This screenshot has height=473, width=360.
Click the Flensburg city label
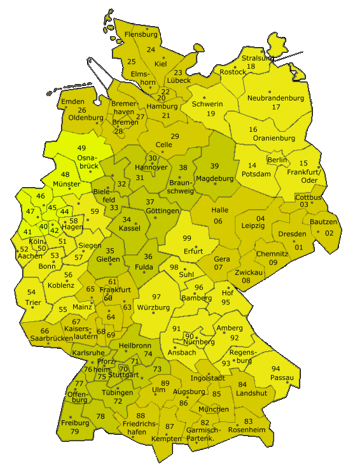pyautogui.click(x=141, y=34)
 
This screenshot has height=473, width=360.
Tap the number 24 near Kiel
pyautogui.click(x=151, y=50)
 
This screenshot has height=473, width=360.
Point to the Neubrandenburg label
pyautogui.click(x=275, y=98)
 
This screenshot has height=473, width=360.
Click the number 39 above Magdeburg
pyautogui.click(x=215, y=166)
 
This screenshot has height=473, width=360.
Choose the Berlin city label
pyautogui.click(x=277, y=160)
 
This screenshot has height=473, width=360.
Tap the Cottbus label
pyautogui.click(x=308, y=197)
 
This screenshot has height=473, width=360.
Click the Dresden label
pyautogui.click(x=292, y=234)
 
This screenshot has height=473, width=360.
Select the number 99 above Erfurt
pyautogui.click(x=187, y=238)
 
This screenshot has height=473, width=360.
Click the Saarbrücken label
pyautogui.click(x=51, y=339)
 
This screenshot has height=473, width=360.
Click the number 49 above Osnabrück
pyautogui.click(x=81, y=148)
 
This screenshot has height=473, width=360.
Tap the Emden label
pyautogui.click(x=73, y=102)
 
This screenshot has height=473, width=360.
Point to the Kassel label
pyautogui.click(x=130, y=228)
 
